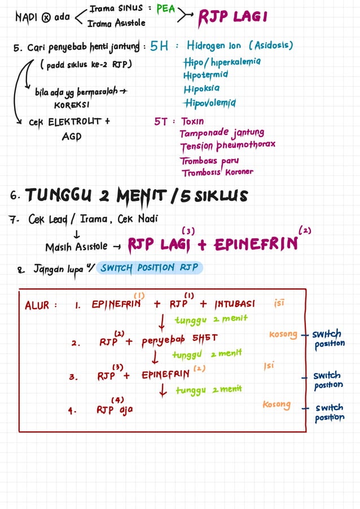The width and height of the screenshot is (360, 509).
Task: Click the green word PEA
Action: click(165, 10)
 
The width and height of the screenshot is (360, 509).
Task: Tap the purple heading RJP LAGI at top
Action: click(232, 18)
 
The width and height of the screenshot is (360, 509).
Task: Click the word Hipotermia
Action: click(205, 74)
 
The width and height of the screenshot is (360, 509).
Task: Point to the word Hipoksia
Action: click(201, 89)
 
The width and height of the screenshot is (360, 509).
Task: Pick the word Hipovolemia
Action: click(209, 103)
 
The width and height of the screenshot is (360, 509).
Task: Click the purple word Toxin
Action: click(192, 121)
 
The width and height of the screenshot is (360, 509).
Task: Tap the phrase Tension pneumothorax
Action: click(227, 146)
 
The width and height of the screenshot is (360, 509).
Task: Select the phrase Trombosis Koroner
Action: click(217, 172)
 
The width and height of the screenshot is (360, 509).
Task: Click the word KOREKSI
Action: click(72, 105)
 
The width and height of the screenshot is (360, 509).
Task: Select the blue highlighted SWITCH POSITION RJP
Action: click(150, 267)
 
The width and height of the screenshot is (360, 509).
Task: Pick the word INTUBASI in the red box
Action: click(234, 304)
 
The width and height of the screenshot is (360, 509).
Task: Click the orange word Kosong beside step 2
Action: click(283, 335)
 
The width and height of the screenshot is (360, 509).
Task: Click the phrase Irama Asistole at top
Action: click(117, 23)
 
